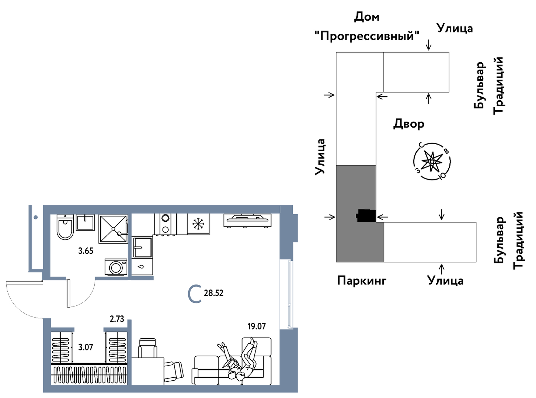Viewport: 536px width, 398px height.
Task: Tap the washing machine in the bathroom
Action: [116, 267]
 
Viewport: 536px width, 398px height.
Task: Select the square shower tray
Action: [113, 229]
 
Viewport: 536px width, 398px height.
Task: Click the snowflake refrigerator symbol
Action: [198, 224]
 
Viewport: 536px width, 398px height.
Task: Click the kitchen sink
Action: [142, 247]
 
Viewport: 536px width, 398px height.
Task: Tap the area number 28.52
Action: [213, 293]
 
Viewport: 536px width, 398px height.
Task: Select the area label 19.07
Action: [256, 326]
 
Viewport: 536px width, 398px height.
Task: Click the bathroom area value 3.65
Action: [86, 251]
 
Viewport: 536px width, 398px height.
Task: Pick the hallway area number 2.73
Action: [117, 319]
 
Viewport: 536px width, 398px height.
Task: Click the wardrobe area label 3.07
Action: [86, 347]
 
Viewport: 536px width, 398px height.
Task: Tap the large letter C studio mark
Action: [195, 294]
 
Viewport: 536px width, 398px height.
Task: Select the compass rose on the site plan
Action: [432, 161]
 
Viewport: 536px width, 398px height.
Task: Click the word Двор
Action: [409, 124]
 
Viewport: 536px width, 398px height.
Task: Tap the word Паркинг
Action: [362, 281]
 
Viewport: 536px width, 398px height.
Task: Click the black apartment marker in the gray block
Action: [366, 216]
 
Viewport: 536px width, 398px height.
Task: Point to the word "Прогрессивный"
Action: [367, 36]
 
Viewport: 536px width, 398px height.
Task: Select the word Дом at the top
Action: [366, 17]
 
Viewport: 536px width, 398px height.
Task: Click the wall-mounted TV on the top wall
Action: [247, 220]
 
